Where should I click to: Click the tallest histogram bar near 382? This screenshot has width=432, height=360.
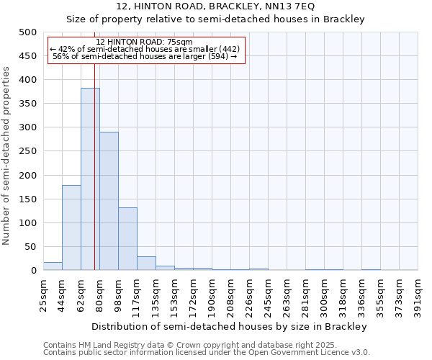coord(90,179)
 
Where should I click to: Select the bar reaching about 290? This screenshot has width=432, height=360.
coord(109,201)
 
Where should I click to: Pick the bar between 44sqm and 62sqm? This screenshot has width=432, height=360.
coord(71,228)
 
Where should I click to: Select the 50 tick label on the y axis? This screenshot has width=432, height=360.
coord(30,247)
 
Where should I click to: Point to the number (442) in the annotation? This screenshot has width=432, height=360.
coord(215,49)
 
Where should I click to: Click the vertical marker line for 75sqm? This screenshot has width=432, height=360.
coord(94,166)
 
